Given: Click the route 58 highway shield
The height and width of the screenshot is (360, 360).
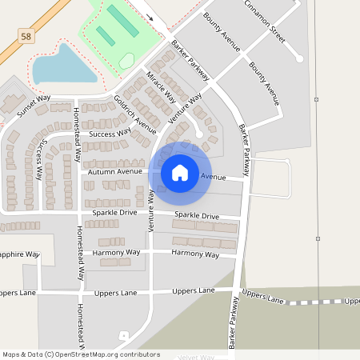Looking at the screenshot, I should coord(26,36).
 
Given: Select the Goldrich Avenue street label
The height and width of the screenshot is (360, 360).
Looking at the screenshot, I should coord(134,114).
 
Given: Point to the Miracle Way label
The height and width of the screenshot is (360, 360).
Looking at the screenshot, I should coord(161,88).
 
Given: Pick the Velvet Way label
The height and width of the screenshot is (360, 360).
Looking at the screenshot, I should coord(196,357).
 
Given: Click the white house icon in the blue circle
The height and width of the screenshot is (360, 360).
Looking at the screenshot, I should coord(180,173).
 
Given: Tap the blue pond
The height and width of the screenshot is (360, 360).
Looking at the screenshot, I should coord(64,66).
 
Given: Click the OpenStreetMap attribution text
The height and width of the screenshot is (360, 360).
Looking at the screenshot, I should coord(81,354).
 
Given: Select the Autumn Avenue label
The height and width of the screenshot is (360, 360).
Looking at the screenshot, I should coord(115,172).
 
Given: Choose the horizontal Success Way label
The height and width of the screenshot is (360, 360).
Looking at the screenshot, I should coord(110,134).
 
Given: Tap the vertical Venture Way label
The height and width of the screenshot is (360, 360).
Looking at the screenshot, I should coord(150,210).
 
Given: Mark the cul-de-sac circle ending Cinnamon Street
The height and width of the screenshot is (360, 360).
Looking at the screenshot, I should coord(299,58).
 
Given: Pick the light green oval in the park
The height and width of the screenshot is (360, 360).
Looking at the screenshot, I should coord(126,60).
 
